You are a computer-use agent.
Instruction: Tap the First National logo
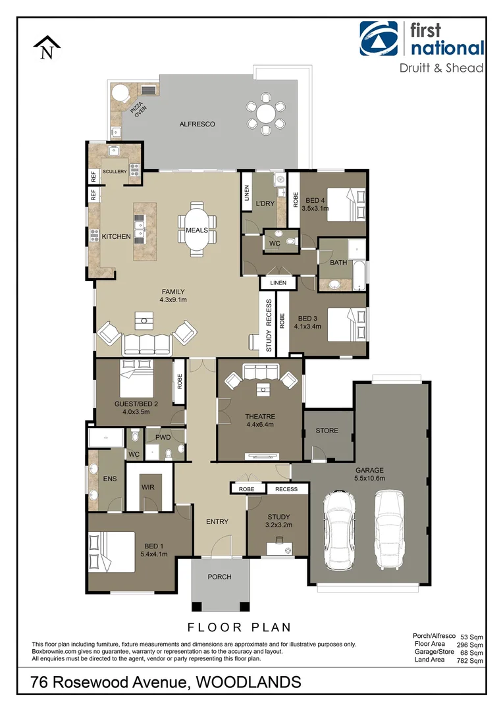[x=422, y=39]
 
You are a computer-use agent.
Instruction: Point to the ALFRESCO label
[x=198, y=124]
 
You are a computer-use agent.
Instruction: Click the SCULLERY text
[x=115, y=171]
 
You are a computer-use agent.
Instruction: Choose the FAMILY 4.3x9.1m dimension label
[x=173, y=296]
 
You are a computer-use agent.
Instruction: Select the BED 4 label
[x=316, y=200]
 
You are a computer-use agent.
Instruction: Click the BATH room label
[x=338, y=263]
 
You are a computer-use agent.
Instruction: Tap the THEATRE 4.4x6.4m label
[x=259, y=421]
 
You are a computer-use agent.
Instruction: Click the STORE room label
[x=327, y=431]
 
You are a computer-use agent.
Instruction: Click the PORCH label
[x=219, y=577]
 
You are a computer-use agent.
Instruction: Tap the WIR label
[x=147, y=488]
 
